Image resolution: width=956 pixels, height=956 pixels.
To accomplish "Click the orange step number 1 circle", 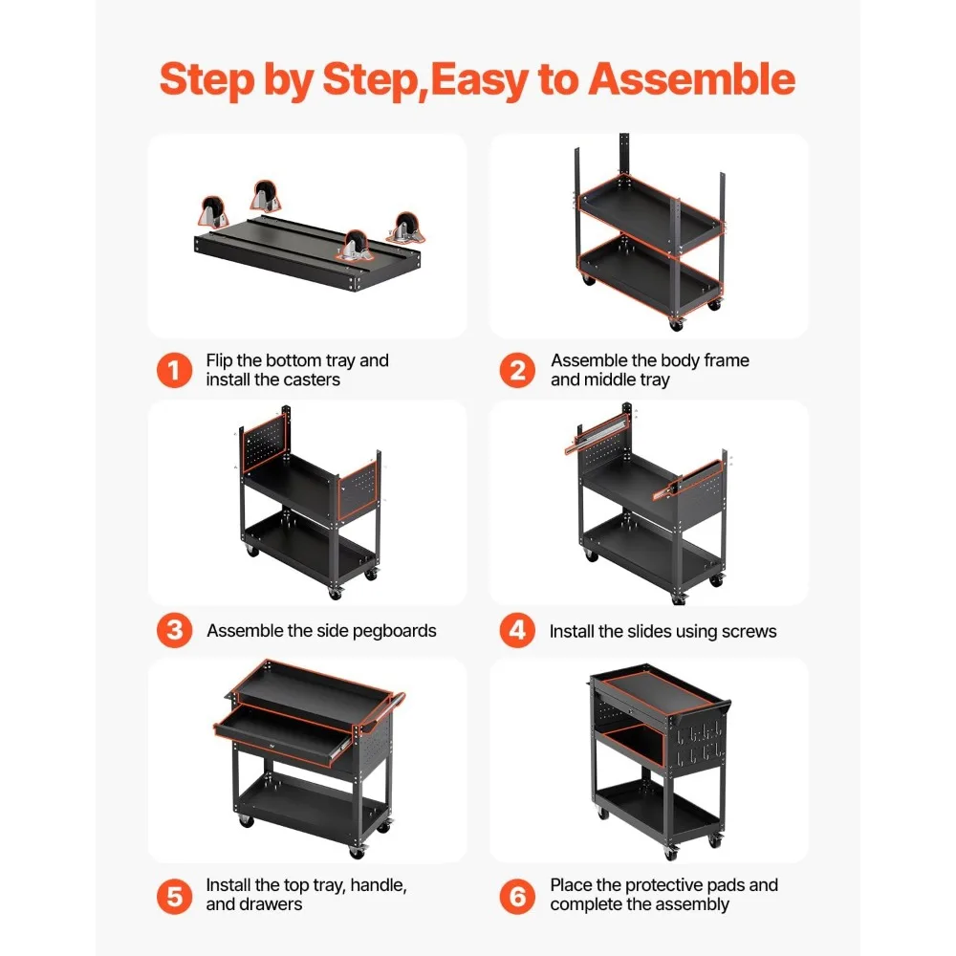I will coord(174,370).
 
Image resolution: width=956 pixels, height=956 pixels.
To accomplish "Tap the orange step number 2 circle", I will coord(517,370).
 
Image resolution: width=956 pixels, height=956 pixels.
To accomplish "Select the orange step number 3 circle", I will coord(174,631).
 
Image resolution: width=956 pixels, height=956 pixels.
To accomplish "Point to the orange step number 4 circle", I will coord(517,631).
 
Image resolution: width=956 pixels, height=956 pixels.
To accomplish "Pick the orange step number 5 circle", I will coord(174,895).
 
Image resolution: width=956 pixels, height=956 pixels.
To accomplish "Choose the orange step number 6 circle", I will coord(517,895).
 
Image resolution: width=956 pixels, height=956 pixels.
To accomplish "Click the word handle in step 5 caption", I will coord(375,885).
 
